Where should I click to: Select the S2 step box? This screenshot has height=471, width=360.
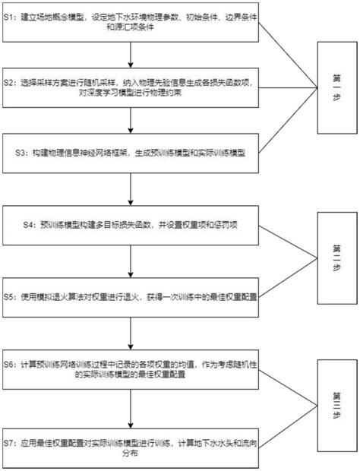pos(132,85)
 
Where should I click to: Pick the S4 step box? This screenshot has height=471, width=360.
pos(132,226)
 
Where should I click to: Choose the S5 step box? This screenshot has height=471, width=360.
pos(132,297)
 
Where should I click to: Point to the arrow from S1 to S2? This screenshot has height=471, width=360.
pos(132,55)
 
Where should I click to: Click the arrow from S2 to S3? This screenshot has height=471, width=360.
pos(132,120)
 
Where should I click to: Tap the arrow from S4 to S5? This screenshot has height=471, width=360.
pos(132,261)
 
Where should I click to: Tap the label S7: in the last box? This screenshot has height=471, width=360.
pos(10,441)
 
